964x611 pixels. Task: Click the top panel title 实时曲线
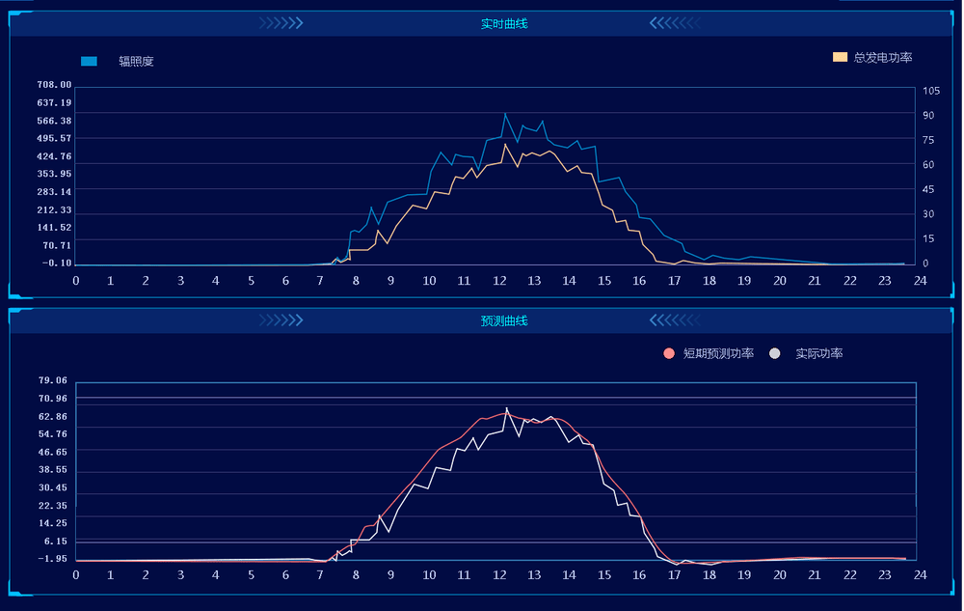[504, 23]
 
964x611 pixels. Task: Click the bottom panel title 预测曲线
[504, 320]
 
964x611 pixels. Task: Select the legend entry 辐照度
[136, 61]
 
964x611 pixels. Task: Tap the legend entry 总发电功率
[883, 58]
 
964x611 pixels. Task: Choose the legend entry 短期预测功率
[718, 354]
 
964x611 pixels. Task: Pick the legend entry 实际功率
[818, 354]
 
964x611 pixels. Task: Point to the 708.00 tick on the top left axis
[54, 85]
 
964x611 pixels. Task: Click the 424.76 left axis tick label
[54, 156]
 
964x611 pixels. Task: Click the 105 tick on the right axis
[930, 91]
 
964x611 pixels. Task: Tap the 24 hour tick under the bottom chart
[920, 575]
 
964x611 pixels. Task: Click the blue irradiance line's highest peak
[505, 114]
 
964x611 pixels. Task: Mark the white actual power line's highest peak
[507, 408]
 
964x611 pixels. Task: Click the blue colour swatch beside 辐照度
[89, 61]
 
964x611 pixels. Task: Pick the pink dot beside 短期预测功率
[669, 354]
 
